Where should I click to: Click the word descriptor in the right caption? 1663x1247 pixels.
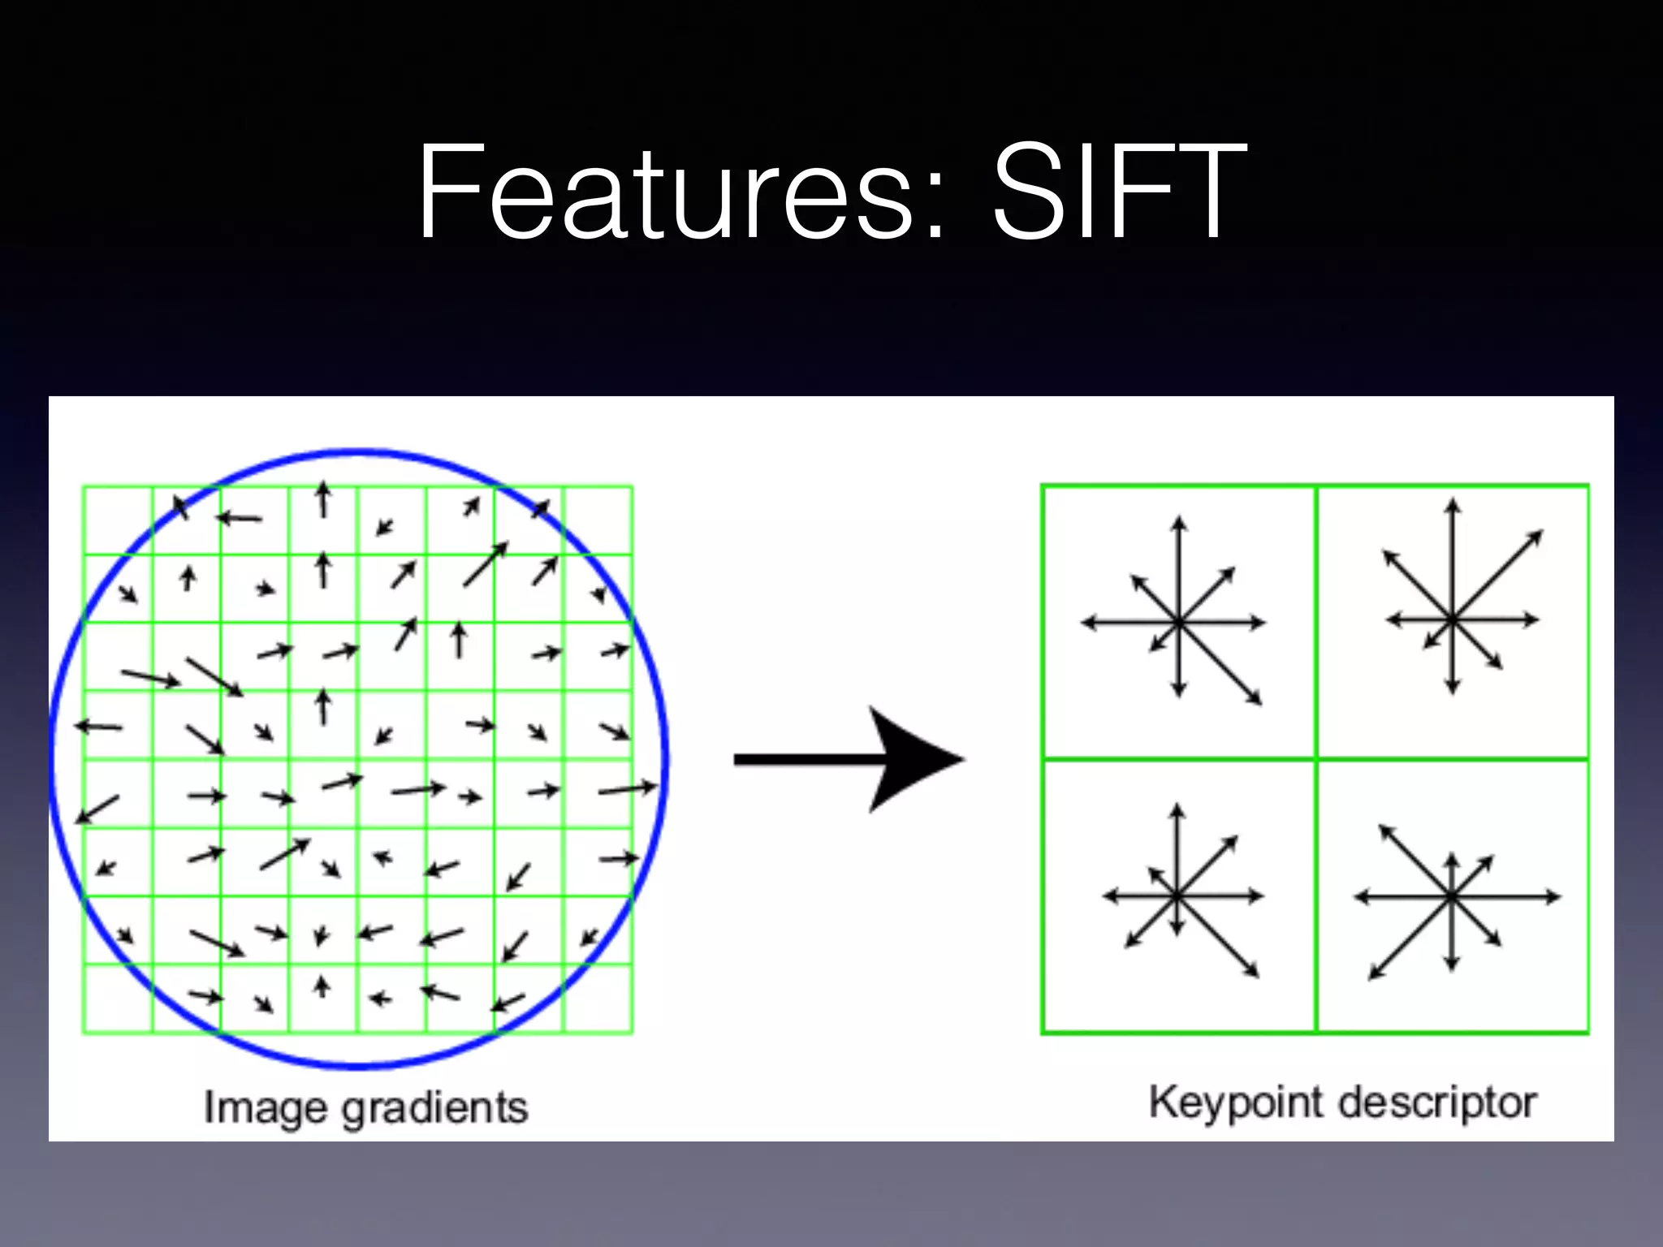(1437, 1103)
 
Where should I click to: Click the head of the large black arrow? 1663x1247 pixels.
(918, 760)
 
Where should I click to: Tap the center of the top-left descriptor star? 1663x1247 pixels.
(1179, 623)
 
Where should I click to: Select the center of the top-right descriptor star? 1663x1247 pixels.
(1453, 619)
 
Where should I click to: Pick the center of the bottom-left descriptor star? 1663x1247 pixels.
(1177, 896)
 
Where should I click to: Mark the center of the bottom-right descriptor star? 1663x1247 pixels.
(1452, 897)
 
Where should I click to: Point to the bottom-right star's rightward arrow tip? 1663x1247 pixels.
(1559, 897)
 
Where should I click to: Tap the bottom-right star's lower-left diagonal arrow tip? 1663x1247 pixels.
(1370, 978)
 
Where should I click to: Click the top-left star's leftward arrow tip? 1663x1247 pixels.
(1082, 623)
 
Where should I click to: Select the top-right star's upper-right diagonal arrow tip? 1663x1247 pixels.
(1541, 532)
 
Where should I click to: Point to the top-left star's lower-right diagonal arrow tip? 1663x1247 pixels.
(1261, 704)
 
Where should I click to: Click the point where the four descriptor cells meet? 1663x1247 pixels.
(1315, 759)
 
